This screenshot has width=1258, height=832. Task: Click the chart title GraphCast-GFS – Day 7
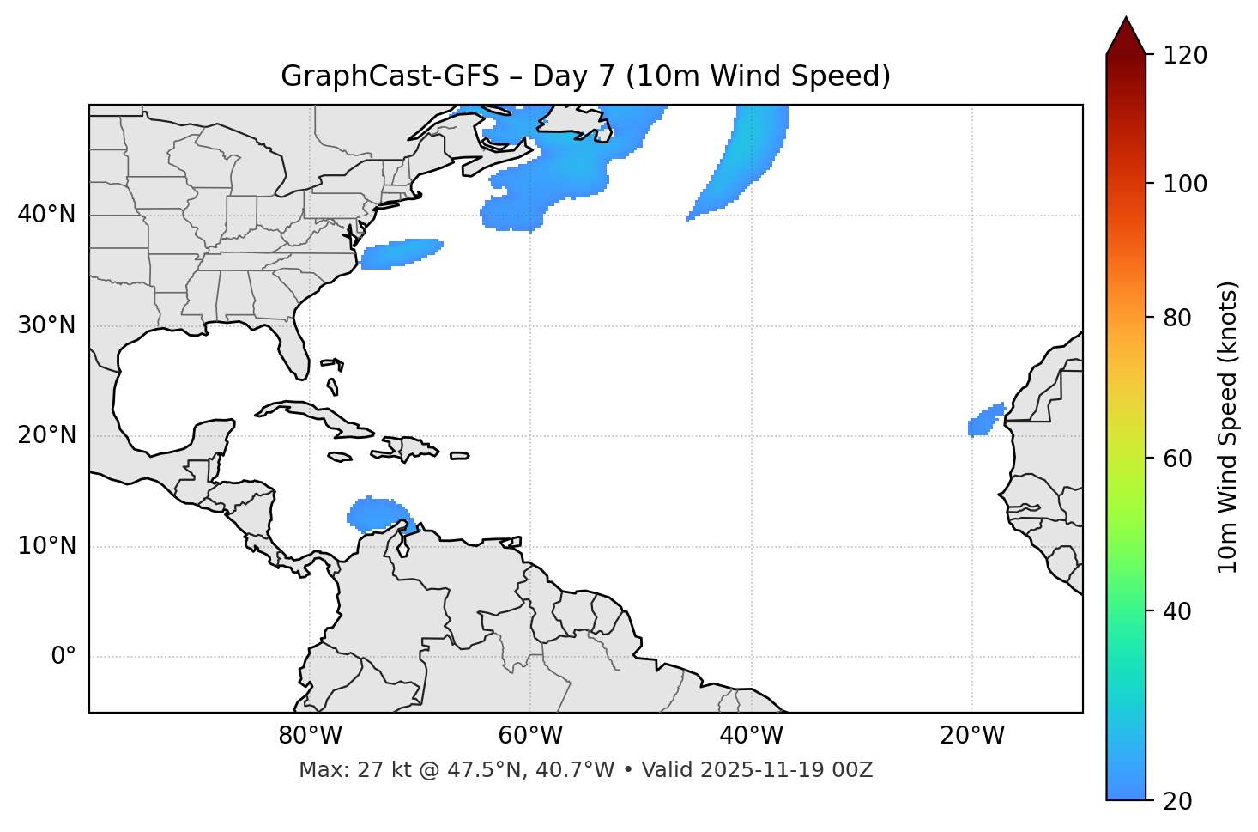click(x=585, y=76)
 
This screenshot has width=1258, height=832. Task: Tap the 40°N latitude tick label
click(x=46, y=215)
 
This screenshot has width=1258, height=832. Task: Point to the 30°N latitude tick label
click(x=46, y=325)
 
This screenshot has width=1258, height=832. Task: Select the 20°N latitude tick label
click(x=46, y=435)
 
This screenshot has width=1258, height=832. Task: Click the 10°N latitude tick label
click(x=46, y=546)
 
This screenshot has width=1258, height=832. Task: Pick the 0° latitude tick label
click(x=64, y=657)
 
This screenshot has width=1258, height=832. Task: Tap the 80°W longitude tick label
click(x=310, y=736)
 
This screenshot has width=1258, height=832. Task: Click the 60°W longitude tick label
click(x=530, y=736)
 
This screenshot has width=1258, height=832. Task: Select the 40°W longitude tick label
click(x=751, y=736)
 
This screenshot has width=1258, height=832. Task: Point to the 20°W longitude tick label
click(x=971, y=736)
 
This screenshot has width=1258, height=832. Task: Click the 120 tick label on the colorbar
click(x=1184, y=56)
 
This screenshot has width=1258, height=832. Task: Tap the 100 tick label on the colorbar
click(x=1184, y=184)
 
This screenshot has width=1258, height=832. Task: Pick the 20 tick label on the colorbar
click(x=1178, y=801)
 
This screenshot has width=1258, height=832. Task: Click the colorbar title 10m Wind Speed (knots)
click(x=1228, y=427)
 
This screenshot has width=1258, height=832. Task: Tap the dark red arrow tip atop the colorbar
click(x=1125, y=34)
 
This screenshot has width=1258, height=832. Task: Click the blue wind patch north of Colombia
click(x=376, y=513)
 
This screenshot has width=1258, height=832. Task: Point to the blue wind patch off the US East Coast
click(x=399, y=252)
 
